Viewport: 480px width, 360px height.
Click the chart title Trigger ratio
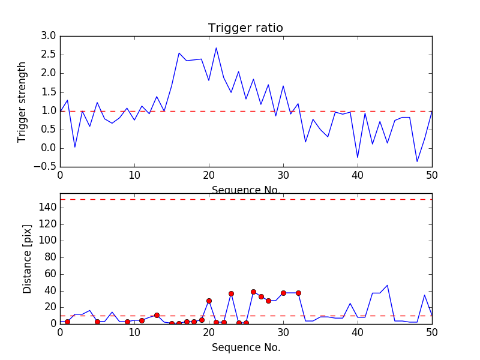click(245, 28)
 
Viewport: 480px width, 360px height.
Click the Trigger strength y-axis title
click(22, 101)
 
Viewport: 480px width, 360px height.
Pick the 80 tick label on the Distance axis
click(49, 257)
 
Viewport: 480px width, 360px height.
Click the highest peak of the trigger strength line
click(216, 48)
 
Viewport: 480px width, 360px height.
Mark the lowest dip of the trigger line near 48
click(417, 161)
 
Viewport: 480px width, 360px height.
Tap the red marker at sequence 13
click(157, 315)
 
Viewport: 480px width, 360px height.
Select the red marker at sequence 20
click(209, 301)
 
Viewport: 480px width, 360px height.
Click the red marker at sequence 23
click(231, 293)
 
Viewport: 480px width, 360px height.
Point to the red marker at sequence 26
click(253, 292)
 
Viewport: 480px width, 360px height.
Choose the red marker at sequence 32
click(298, 293)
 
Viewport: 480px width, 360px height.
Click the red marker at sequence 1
click(67, 322)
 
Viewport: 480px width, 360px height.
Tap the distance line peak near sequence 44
click(388, 286)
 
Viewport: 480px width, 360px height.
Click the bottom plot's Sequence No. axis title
click(245, 347)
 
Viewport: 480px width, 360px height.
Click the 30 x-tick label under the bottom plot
click(283, 332)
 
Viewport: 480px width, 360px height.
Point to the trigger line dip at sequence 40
click(358, 157)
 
